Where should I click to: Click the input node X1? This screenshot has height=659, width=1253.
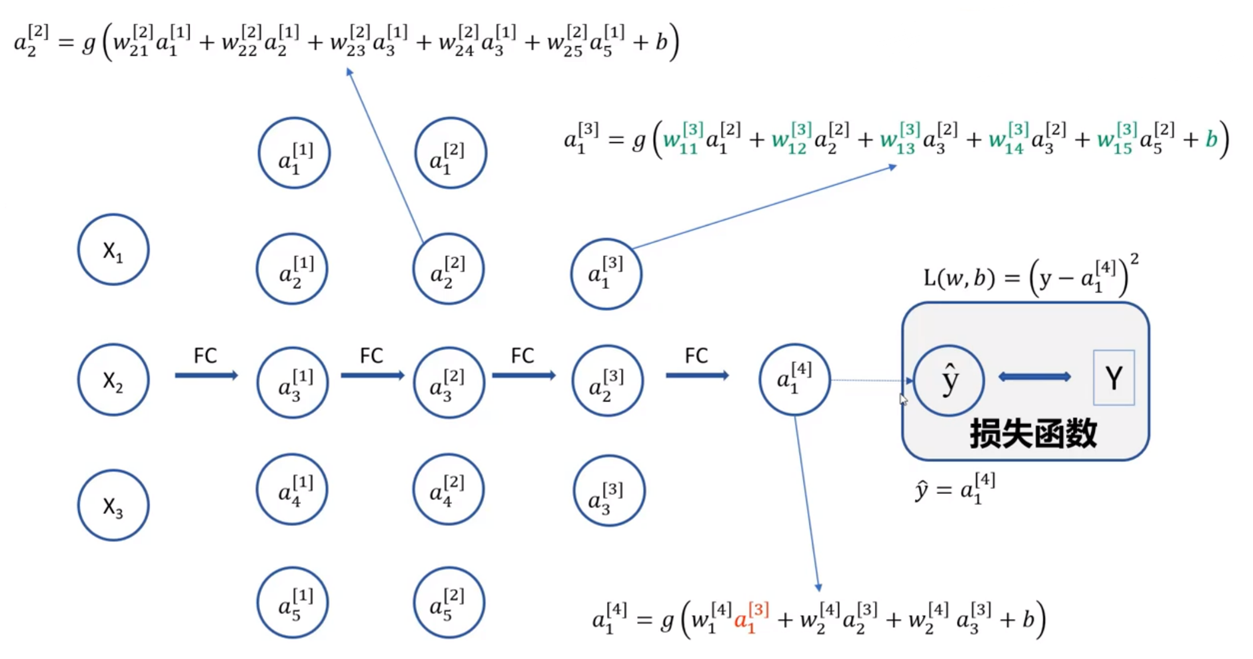(x=113, y=250)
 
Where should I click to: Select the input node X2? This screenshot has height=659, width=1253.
(x=113, y=380)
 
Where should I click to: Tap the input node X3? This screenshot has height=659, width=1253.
(x=113, y=506)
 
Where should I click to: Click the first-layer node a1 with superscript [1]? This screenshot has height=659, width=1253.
(x=294, y=153)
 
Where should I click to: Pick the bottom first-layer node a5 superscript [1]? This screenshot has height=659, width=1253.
(x=293, y=603)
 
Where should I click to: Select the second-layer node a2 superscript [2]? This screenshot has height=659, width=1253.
(x=448, y=269)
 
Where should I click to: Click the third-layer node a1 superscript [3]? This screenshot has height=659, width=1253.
(x=606, y=274)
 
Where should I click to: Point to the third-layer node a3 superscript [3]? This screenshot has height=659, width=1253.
(x=609, y=491)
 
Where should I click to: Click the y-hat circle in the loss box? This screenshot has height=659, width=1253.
(x=949, y=381)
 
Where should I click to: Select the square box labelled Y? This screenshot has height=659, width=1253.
(x=1113, y=378)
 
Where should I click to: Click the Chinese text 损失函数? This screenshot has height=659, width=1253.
(x=1033, y=433)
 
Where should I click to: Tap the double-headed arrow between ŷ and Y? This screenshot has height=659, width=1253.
(x=1034, y=377)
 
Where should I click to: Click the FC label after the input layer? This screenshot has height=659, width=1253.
(x=205, y=356)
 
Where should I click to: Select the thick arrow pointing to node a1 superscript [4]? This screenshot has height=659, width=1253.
(x=697, y=375)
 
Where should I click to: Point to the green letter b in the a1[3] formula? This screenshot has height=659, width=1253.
(x=1211, y=139)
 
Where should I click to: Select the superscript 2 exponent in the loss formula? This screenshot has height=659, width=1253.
(x=1134, y=259)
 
